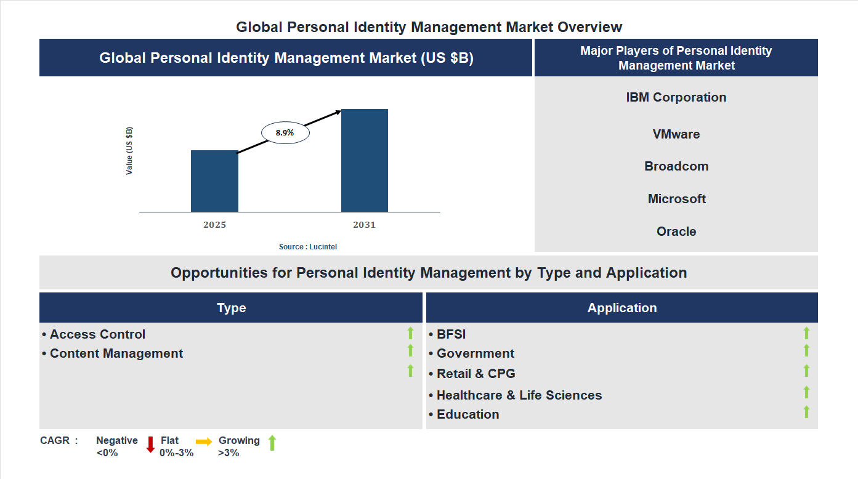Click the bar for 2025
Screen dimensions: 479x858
[214, 181]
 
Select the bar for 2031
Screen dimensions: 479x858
[365, 161]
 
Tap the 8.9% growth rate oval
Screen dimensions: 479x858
[285, 132]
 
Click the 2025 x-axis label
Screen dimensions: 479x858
[214, 225]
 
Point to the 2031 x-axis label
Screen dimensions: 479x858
[364, 225]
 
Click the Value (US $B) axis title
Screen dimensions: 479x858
[129, 151]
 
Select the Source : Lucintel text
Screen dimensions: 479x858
[308, 246]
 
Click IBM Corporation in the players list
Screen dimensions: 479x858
[676, 97]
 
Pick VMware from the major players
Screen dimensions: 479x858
[676, 134]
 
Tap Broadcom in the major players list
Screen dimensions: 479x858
[676, 166]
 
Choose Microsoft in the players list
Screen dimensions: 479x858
[676, 199]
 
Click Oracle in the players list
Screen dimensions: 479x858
[676, 231]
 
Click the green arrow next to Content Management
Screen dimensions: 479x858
[410, 350]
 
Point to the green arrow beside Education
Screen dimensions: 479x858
[806, 412]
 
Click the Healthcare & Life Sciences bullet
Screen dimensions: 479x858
[519, 395]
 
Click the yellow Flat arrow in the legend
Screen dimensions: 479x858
[204, 441]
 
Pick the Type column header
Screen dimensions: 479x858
[231, 308]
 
